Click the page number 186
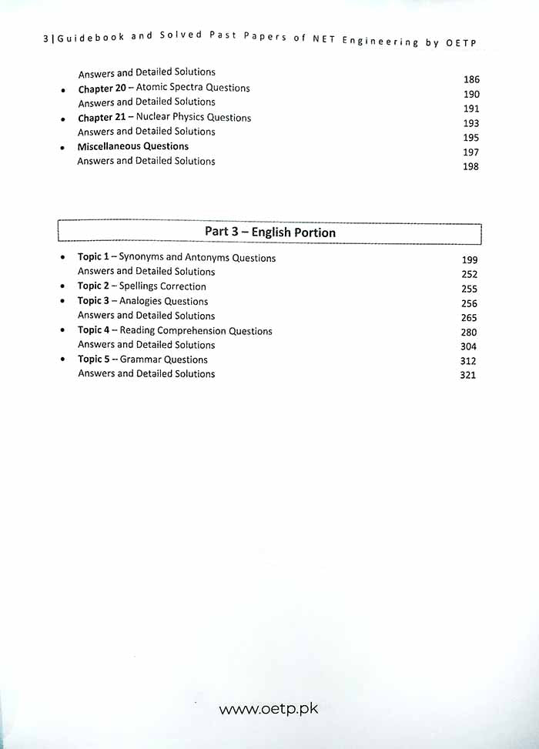click(471, 79)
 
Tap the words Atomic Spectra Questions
click(192, 88)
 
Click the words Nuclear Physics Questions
click(193, 118)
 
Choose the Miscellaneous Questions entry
click(132, 146)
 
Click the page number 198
click(470, 167)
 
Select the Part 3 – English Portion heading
click(269, 232)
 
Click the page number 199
click(470, 260)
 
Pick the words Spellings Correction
click(162, 286)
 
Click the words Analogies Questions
click(163, 301)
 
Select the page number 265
click(469, 318)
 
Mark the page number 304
click(468, 346)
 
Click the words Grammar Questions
click(164, 359)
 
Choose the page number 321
click(468, 376)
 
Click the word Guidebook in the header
click(82, 40)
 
